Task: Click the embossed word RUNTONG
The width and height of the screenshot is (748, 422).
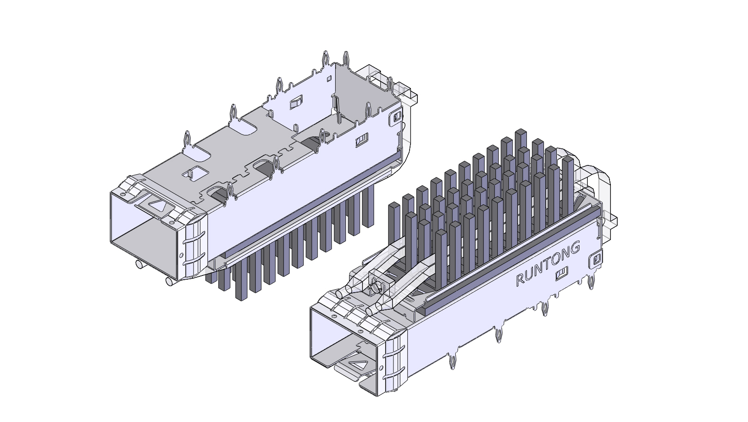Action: coord(548,263)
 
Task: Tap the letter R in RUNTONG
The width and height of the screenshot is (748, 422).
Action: coord(520,279)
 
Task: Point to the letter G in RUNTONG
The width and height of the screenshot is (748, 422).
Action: coord(574,248)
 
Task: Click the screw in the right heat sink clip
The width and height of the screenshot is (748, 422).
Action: coord(377,287)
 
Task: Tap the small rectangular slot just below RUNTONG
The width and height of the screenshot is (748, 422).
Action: coord(562,275)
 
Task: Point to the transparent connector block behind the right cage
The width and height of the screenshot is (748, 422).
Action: coord(598,180)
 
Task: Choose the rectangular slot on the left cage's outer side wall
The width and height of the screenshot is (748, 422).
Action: coord(362,140)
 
